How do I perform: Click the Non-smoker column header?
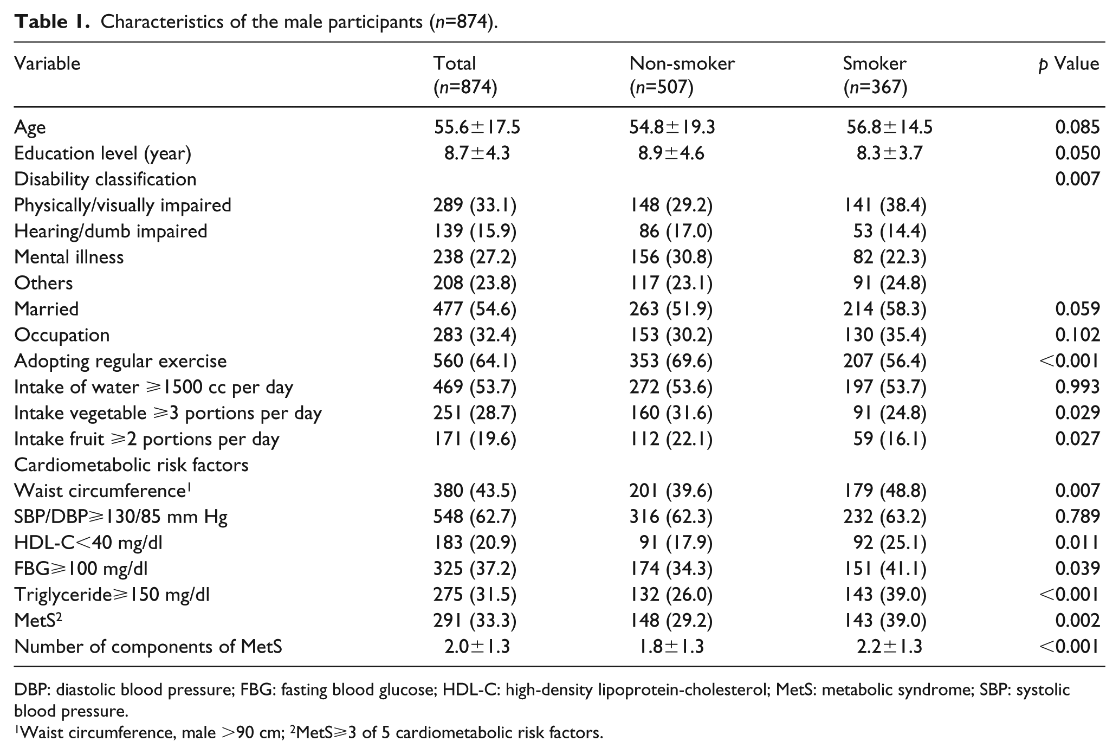[682, 75]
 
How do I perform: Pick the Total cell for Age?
[477, 127]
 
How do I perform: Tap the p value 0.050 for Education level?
[1077, 153]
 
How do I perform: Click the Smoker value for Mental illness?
[889, 257]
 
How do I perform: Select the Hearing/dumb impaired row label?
[111, 231]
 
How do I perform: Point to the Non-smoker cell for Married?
[671, 309]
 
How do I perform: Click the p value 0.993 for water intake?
[1077, 386]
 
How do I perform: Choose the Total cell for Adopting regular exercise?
[475, 361]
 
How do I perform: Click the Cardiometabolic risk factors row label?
[131, 465]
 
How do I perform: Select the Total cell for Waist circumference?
[475, 491]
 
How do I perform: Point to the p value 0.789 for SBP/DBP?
[1077, 517]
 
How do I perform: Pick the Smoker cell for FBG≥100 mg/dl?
[885, 569]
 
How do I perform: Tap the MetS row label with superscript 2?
[38, 620]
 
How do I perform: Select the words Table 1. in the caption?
[51, 22]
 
